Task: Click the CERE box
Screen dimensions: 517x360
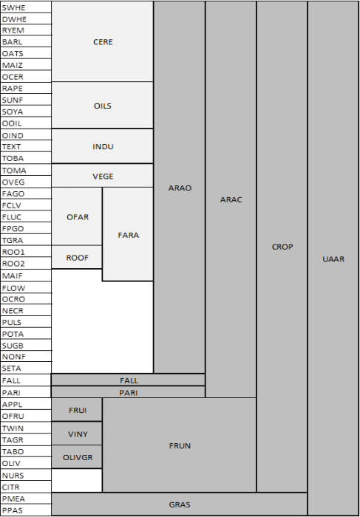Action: (x=103, y=42)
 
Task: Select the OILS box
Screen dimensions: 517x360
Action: (x=103, y=106)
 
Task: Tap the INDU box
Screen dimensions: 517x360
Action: (x=103, y=146)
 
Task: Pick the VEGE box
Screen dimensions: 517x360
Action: (x=103, y=176)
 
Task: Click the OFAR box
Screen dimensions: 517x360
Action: (x=77, y=216)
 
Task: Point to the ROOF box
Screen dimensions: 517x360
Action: (x=77, y=257)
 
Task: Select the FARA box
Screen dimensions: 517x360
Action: (x=128, y=235)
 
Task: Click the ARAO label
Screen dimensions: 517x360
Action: (x=180, y=188)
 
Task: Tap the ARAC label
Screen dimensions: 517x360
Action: (x=231, y=199)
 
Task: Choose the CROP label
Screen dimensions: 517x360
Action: (x=282, y=247)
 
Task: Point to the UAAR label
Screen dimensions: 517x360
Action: (x=333, y=258)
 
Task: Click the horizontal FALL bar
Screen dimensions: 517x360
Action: (x=129, y=380)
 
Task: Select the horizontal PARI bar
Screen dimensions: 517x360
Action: (x=129, y=392)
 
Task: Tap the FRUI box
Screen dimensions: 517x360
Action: (x=77, y=409)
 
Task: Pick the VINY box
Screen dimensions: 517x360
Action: (x=77, y=434)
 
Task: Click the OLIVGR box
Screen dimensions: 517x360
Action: (x=77, y=457)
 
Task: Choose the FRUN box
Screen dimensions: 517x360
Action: (x=180, y=445)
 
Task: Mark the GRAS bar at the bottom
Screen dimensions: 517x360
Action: (x=180, y=504)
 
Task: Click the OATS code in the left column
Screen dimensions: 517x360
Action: (x=13, y=54)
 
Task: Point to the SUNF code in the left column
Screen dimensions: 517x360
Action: (x=13, y=100)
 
